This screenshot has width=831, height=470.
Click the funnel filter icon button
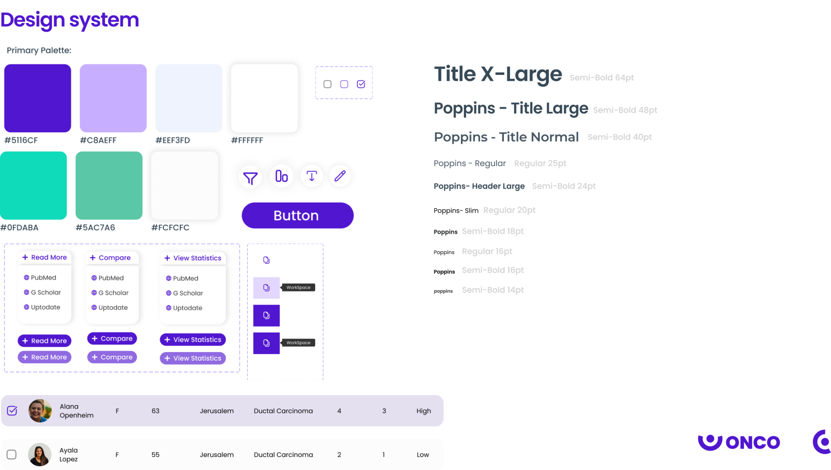coord(250,177)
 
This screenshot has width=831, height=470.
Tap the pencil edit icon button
coord(340,176)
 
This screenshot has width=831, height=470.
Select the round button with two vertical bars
coord(282,176)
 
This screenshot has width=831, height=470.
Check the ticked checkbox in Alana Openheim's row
coord(12,411)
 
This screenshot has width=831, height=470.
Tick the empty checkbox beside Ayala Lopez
coord(12,455)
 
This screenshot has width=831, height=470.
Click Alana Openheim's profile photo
coord(40,411)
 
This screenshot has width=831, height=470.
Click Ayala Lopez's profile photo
coord(40,455)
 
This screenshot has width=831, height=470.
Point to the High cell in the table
coord(423,411)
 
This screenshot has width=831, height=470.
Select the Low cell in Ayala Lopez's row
coord(422,455)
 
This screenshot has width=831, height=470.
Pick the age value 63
coord(155,411)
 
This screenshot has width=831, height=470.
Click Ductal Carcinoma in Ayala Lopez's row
coord(283,455)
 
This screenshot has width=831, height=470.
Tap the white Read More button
coord(44,258)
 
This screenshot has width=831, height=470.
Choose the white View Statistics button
coord(193,258)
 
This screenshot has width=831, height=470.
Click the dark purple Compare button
coord(112,339)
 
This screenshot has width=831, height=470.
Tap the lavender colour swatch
coord(113,98)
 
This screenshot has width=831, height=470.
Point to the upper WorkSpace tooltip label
coord(298,288)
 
